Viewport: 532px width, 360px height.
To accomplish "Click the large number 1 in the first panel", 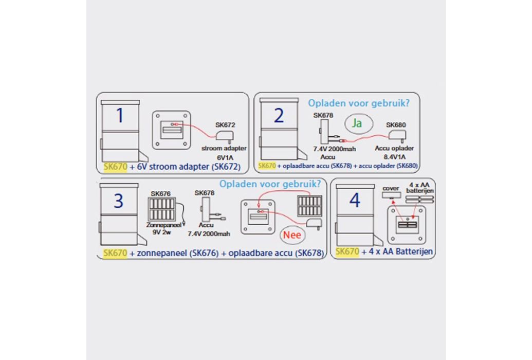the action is [120, 116].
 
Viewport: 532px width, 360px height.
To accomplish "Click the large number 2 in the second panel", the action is [279, 116].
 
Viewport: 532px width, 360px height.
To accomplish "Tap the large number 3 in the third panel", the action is [118, 201].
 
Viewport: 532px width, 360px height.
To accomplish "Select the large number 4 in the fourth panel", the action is [355, 201].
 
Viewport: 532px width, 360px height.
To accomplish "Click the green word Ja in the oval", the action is [357, 123].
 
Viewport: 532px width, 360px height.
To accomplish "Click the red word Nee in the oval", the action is [292, 235].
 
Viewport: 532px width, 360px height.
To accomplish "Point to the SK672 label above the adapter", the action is [225, 124].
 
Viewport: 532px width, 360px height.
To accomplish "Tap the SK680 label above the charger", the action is [396, 124].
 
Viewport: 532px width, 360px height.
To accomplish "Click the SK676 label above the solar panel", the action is [160, 193].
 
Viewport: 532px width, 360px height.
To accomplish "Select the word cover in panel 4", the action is [391, 188].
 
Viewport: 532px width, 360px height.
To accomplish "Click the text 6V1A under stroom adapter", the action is [225, 157].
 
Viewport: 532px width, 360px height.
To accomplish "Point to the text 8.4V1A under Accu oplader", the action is [395, 157].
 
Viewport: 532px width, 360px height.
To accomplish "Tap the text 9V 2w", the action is [162, 232].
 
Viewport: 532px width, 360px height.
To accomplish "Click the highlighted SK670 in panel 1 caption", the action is [115, 167].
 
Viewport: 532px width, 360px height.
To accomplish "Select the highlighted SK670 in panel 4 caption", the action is [347, 251].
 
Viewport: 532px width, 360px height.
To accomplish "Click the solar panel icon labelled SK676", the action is [161, 209].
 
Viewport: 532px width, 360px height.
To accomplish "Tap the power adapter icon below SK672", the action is [225, 136].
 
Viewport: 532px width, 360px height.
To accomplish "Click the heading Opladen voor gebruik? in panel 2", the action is [359, 103].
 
